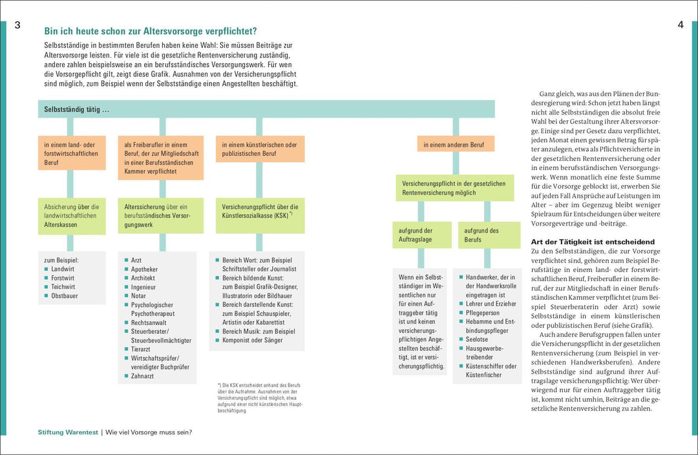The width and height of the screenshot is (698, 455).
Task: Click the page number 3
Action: click(17, 25)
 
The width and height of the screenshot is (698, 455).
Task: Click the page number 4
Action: click(681, 25)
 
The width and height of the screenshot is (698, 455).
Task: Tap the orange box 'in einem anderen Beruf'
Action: click(456, 144)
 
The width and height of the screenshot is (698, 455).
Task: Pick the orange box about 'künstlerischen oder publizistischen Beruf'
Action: click(260, 149)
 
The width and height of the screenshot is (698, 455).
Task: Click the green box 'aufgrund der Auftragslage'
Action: click(419, 235)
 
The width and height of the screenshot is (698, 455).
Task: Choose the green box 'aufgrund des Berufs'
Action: click(489, 235)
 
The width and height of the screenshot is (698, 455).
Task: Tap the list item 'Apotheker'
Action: click(144, 269)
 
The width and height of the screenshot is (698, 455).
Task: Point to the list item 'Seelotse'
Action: click(477, 339)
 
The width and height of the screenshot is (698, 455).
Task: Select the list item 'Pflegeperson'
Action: click(482, 313)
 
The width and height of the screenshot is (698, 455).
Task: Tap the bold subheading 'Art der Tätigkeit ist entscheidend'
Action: click(592, 242)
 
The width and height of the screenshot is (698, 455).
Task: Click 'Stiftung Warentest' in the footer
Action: click(67, 432)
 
